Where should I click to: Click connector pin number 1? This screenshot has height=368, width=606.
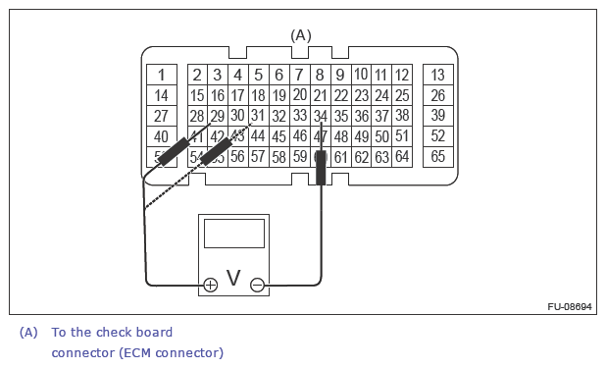tap(162, 75)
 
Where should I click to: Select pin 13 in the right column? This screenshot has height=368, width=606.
tap(437, 75)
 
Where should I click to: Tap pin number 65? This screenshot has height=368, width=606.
tap(437, 156)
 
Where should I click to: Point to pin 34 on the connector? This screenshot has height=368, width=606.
tap(320, 116)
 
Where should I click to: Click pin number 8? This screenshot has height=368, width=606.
tap(320, 75)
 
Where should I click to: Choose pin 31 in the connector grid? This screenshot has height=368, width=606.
tap(258, 116)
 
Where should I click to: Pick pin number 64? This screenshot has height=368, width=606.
tap(402, 156)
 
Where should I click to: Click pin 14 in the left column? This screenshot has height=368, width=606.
tap(162, 95)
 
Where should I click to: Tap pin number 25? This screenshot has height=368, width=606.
tap(402, 95)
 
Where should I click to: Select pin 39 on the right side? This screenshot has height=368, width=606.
tap(437, 116)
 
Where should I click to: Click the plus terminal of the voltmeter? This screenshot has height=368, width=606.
tap(210, 285)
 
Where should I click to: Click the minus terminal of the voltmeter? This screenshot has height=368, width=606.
tap(257, 285)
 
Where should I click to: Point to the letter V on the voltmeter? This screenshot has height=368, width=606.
tap(233, 279)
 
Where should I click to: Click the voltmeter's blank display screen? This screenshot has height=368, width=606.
tap(233, 233)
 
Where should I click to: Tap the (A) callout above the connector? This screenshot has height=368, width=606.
tap(301, 35)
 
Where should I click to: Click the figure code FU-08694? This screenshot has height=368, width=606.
tap(570, 306)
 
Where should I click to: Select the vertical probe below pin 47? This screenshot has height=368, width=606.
tap(321, 167)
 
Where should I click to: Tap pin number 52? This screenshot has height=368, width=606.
tap(437, 136)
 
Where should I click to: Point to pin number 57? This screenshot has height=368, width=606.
tap(258, 156)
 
